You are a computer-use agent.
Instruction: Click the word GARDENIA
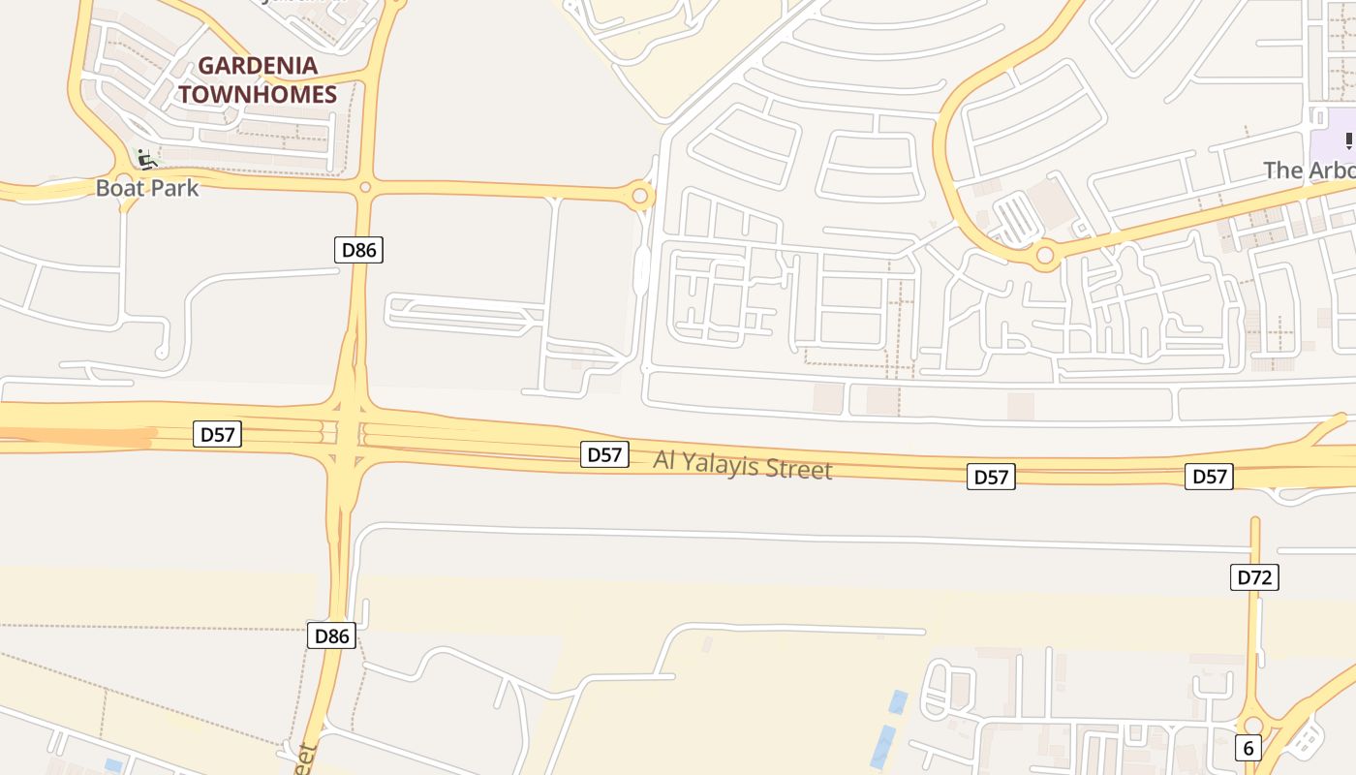pos(258,66)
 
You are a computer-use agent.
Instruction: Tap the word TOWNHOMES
pos(258,94)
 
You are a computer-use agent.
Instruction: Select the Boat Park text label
pos(147,188)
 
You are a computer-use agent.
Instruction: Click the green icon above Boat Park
pos(145,158)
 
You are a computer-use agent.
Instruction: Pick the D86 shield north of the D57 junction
pos(358,250)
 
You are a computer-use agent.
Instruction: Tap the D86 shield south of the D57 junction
pos(332,635)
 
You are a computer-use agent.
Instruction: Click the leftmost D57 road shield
pos(217,434)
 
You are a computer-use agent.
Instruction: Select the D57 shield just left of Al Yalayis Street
pos(605,453)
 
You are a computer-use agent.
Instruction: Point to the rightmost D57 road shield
pos(1209,476)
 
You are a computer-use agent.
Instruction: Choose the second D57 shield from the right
pos(991,476)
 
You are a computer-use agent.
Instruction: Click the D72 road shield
pos(1254,577)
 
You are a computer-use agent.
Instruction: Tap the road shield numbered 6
pos(1248,748)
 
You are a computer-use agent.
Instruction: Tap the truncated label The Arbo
pos(1310,170)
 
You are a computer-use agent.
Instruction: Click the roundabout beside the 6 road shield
pos(1253,726)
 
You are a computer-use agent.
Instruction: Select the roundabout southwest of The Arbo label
pos(1044,257)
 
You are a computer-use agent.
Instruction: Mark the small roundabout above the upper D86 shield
pos(365,187)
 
